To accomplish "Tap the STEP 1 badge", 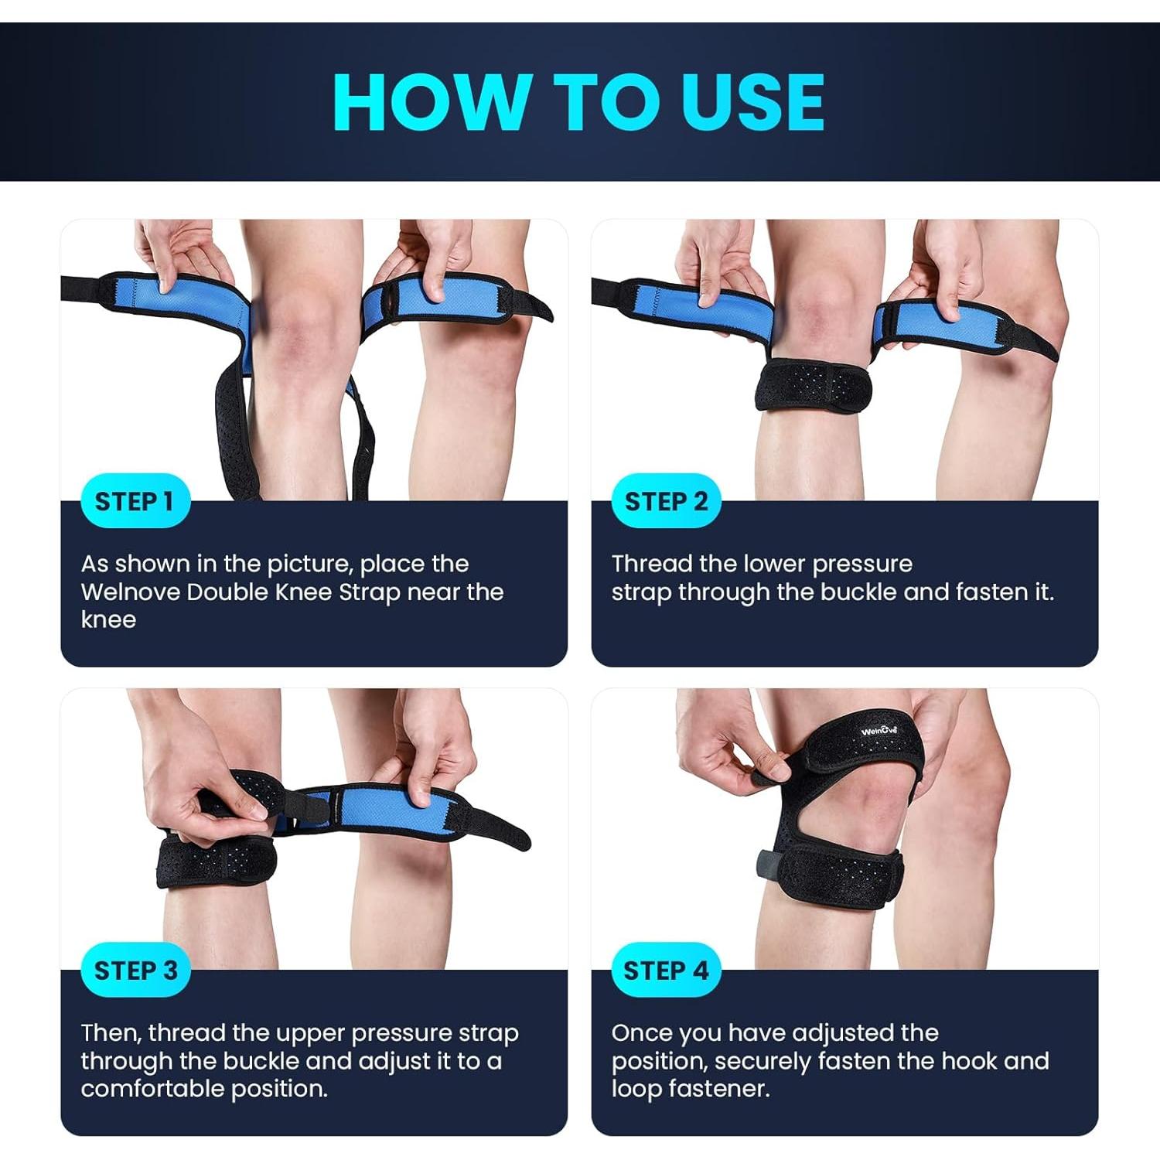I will click(x=134, y=501).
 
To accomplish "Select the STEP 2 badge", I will click(x=666, y=501).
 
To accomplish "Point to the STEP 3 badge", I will click(x=135, y=970).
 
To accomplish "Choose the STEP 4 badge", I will click(x=666, y=970).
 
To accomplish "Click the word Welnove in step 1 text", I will click(x=130, y=592).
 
